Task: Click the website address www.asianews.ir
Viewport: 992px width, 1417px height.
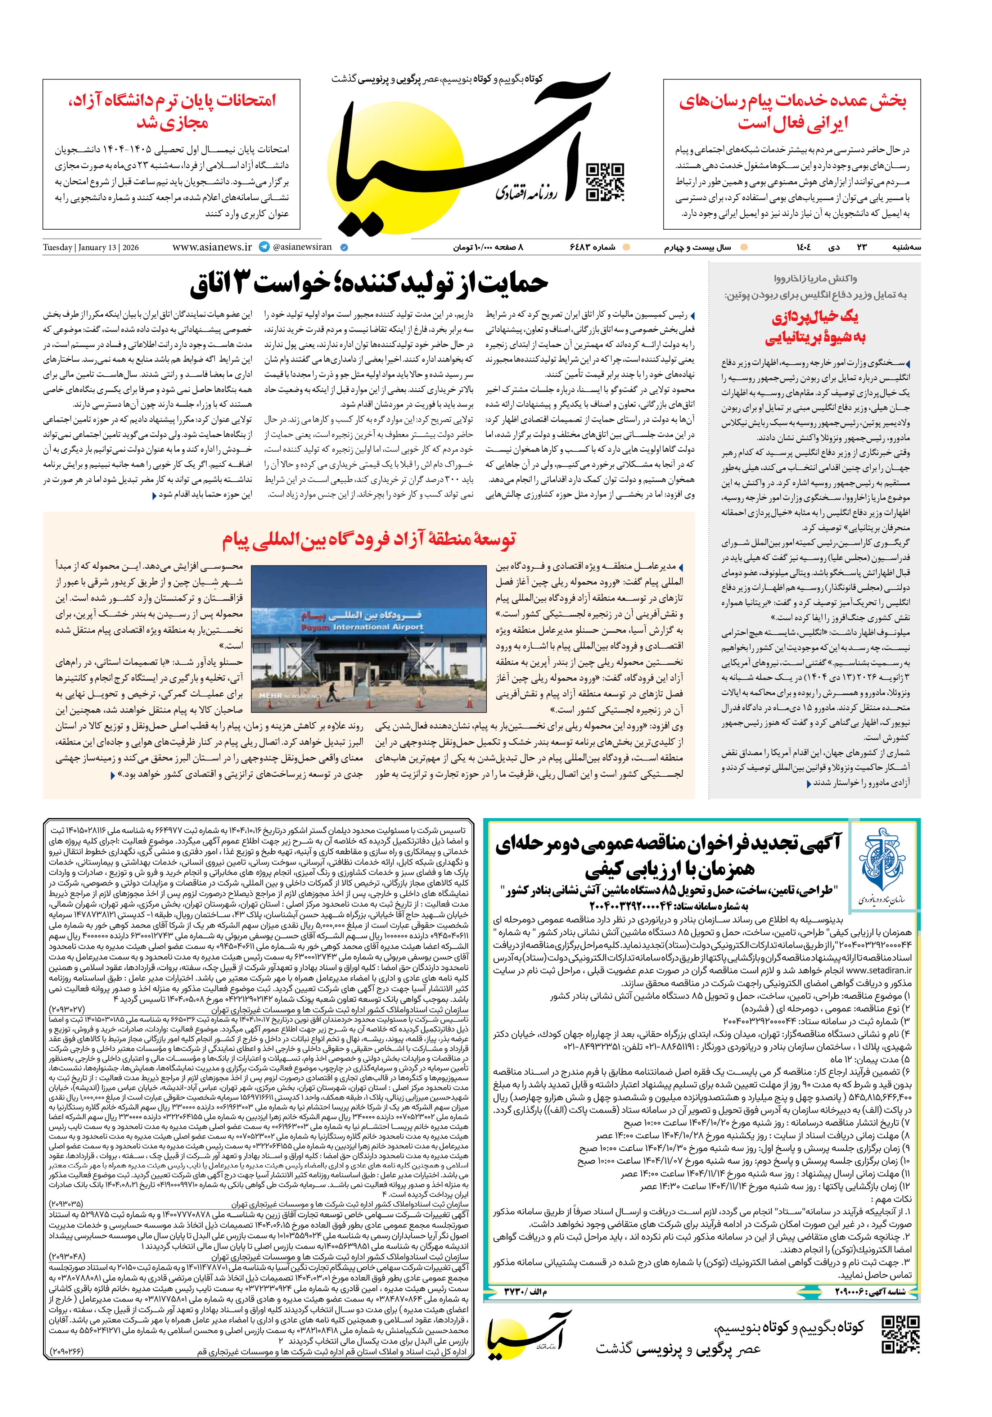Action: [x=212, y=247]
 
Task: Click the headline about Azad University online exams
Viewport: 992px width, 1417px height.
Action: [x=172, y=111]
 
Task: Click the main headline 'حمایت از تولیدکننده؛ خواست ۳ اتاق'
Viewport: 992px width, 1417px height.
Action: [x=369, y=283]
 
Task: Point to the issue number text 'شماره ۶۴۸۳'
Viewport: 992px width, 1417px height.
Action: [x=592, y=248]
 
